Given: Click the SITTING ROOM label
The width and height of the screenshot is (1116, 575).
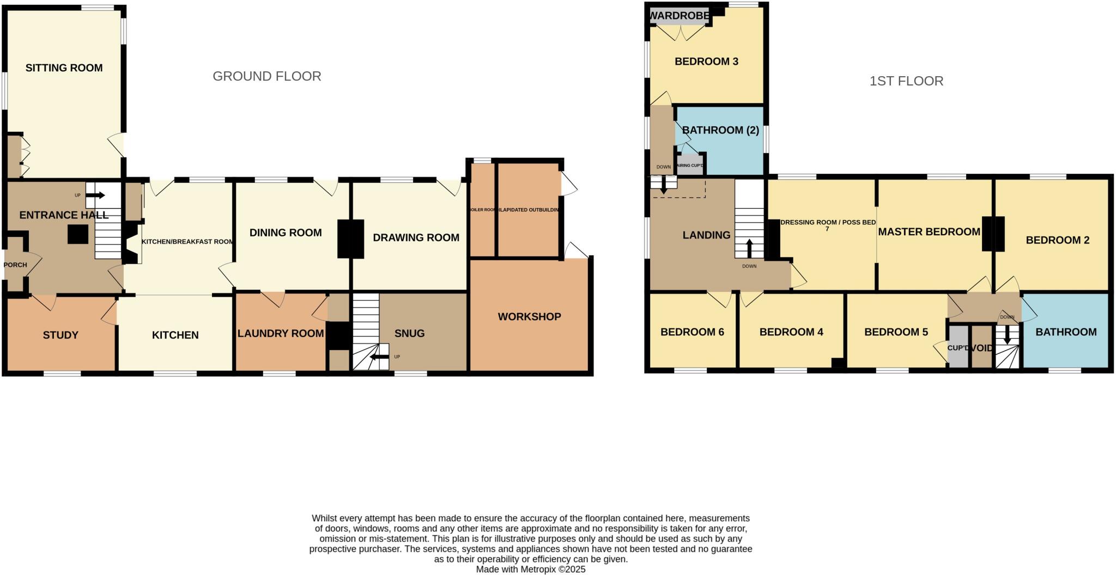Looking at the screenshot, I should pyautogui.click(x=64, y=68).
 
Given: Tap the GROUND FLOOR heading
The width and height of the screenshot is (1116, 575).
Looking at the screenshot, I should pyautogui.click(x=266, y=76).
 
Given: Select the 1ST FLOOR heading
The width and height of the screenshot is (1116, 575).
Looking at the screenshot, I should pyautogui.click(x=906, y=81).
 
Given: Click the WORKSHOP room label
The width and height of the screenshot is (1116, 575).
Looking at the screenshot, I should pyautogui.click(x=529, y=317).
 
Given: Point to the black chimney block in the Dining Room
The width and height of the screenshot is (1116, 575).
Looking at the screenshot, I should pyautogui.click(x=350, y=238).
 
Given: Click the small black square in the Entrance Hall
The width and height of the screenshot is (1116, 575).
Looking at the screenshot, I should pyautogui.click(x=77, y=235).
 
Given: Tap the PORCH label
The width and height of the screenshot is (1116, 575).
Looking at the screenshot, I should pyautogui.click(x=15, y=265).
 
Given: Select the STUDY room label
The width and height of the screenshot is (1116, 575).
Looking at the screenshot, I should pyautogui.click(x=60, y=335).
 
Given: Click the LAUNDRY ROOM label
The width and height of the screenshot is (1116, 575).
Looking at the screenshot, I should pyautogui.click(x=281, y=333).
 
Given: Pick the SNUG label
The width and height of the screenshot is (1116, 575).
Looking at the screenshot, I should pyautogui.click(x=409, y=334).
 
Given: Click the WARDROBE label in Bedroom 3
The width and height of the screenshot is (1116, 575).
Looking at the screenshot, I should pyautogui.click(x=680, y=16).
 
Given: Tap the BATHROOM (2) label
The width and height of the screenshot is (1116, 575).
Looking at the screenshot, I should pyautogui.click(x=720, y=130).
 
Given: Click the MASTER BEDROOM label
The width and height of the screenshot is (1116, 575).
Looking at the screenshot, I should pyautogui.click(x=929, y=232).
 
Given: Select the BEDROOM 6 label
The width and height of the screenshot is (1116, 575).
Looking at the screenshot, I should pyautogui.click(x=692, y=332).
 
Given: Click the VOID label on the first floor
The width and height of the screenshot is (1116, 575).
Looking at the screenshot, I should pyautogui.click(x=982, y=348).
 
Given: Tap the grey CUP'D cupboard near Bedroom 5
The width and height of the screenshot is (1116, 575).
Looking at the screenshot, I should pyautogui.click(x=957, y=347).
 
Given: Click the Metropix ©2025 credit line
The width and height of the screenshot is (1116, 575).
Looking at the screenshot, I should pyautogui.click(x=531, y=570).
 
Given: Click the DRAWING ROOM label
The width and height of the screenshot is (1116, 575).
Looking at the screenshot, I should pyautogui.click(x=416, y=238).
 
